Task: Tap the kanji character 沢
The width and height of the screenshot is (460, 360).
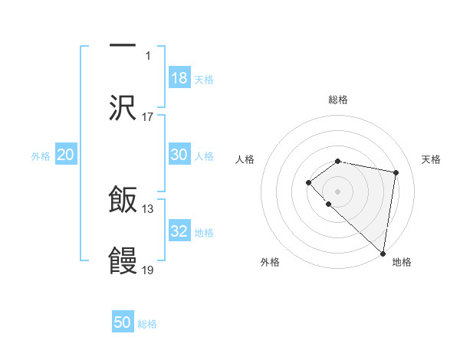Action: (123, 108)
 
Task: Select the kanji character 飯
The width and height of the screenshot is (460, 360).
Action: (123, 201)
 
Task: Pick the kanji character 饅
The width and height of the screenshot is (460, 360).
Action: (123, 261)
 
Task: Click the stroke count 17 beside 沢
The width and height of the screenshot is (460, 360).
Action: (148, 116)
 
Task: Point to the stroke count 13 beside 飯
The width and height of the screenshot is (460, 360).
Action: (148, 209)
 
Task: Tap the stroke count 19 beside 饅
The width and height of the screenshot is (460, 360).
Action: (148, 270)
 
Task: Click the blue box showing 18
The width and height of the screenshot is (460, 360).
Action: (179, 78)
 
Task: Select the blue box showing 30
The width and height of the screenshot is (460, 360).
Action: (179, 155)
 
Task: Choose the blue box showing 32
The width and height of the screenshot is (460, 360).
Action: (179, 231)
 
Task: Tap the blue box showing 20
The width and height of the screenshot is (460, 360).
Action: (66, 155)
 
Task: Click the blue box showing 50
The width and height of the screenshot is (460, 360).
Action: (123, 322)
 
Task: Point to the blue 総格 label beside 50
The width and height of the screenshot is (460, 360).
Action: (147, 324)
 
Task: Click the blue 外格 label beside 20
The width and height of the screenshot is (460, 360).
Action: (41, 156)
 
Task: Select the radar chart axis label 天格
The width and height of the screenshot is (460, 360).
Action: (431, 159)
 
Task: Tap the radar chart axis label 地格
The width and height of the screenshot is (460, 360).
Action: (402, 262)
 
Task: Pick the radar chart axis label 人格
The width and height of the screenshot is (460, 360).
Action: (245, 159)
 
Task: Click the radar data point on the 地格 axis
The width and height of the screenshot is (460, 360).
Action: (383, 253)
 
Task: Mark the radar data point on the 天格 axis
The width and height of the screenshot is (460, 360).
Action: (396, 172)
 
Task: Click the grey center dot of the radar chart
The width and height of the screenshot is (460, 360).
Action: (337, 191)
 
